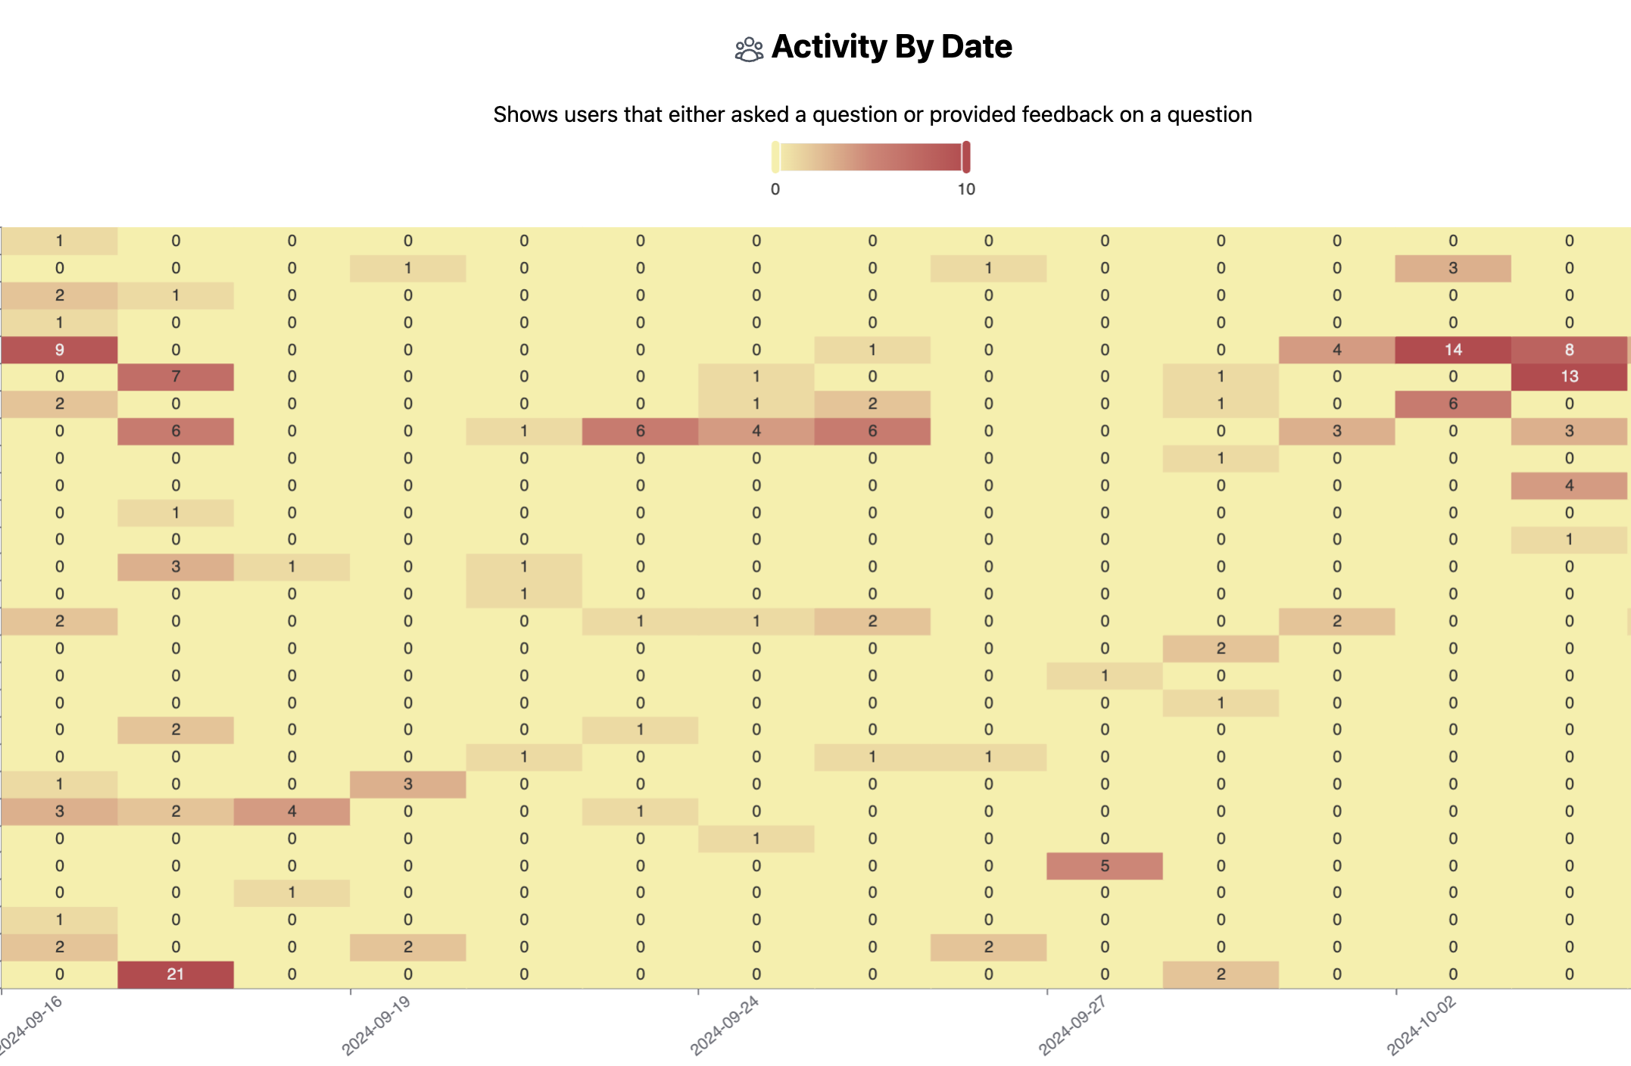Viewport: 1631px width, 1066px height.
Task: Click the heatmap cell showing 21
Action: (x=176, y=974)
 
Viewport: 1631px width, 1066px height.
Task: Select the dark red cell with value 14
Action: (x=1453, y=350)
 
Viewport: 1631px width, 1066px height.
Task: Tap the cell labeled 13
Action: (x=1569, y=377)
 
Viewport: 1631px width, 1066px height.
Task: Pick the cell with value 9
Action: (x=59, y=350)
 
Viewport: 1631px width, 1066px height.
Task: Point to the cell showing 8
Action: (x=1569, y=350)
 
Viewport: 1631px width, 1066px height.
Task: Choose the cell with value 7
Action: (x=176, y=377)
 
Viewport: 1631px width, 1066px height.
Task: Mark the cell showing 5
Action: (x=1105, y=866)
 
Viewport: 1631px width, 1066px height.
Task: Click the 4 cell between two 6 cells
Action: (x=756, y=432)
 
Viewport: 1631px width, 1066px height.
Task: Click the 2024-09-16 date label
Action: (x=30, y=1026)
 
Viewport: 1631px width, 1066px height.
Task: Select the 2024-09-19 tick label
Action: (x=376, y=1026)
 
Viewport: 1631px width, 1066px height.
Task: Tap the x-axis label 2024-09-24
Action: (x=725, y=1026)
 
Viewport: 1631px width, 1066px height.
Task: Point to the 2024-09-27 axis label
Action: (x=1073, y=1026)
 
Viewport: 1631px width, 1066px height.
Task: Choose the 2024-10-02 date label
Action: (x=1421, y=1026)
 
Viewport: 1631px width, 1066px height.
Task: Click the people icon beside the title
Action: (x=749, y=49)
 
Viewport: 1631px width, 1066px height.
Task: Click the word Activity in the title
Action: (x=829, y=47)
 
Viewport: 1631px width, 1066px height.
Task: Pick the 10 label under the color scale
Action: (x=966, y=189)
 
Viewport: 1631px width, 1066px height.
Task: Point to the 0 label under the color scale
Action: (x=775, y=189)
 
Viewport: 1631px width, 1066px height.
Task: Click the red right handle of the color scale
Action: (x=966, y=157)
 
